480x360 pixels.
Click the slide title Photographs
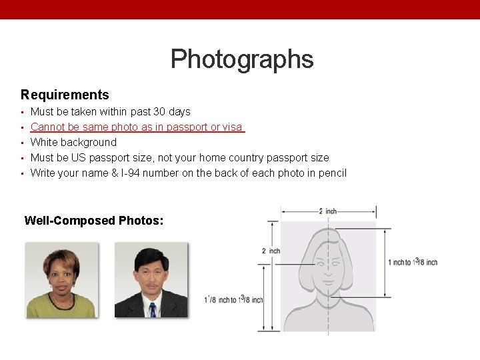coord(241,59)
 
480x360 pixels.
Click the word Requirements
coord(65,95)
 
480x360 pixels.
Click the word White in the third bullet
coord(44,142)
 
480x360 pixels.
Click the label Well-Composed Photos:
coord(94,220)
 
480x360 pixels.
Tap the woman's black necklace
coord(62,303)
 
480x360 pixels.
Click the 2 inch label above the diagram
coord(328,211)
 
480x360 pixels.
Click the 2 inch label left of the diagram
coord(270,251)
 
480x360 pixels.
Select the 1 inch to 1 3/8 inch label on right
coord(412,262)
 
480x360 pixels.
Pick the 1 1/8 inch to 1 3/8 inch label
coord(233,300)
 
